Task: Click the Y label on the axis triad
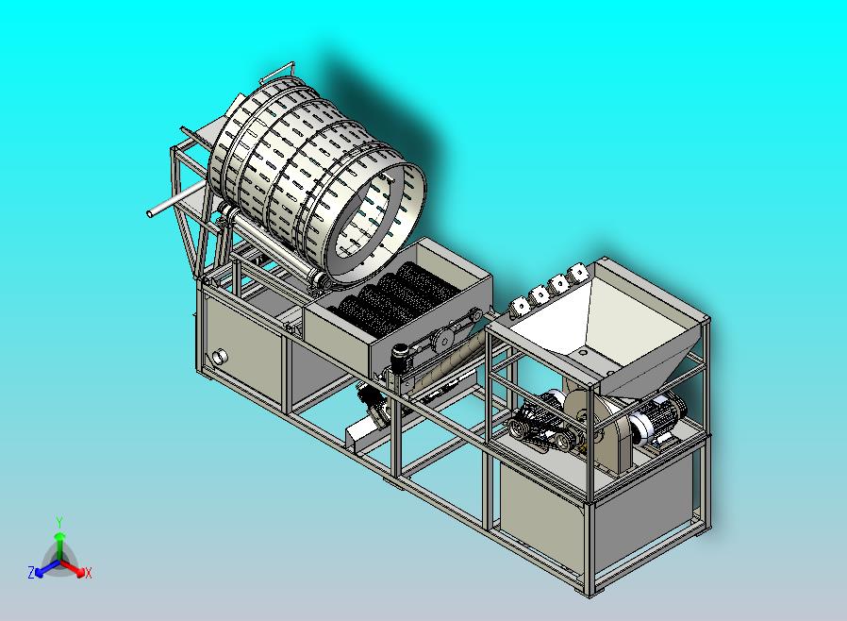click(59, 522)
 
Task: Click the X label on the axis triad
click(88, 573)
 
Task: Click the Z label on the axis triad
click(31, 572)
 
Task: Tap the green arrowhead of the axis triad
click(59, 536)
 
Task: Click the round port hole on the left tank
click(220, 357)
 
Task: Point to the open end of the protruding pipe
click(150, 213)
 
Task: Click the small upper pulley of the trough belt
click(475, 315)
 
